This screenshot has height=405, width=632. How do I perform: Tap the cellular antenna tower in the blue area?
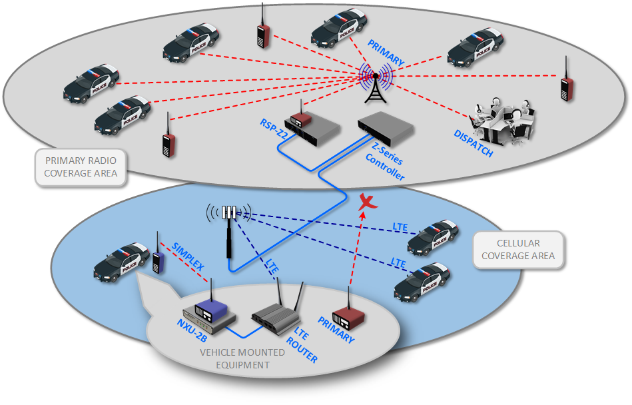(x=228, y=226)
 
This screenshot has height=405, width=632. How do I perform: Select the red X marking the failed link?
(x=364, y=202)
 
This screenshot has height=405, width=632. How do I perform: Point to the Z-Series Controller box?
(x=386, y=127)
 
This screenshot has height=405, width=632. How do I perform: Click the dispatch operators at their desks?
(x=503, y=120)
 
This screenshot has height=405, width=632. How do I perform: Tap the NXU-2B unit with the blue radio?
(x=208, y=312)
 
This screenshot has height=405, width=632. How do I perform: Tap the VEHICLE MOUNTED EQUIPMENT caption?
(x=242, y=358)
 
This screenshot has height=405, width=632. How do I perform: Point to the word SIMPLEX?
(x=187, y=256)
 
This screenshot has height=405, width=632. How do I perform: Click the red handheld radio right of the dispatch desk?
(x=567, y=83)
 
